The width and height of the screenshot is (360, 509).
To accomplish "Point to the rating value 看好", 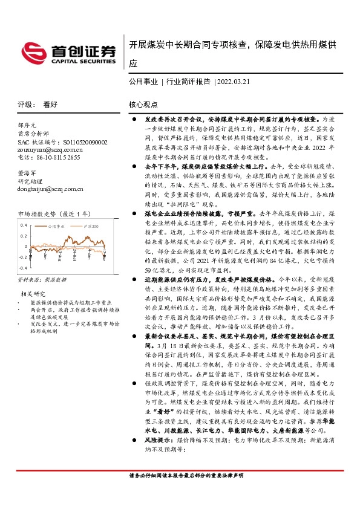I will point(51,104).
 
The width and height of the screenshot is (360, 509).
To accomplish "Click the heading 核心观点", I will point(143,104).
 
